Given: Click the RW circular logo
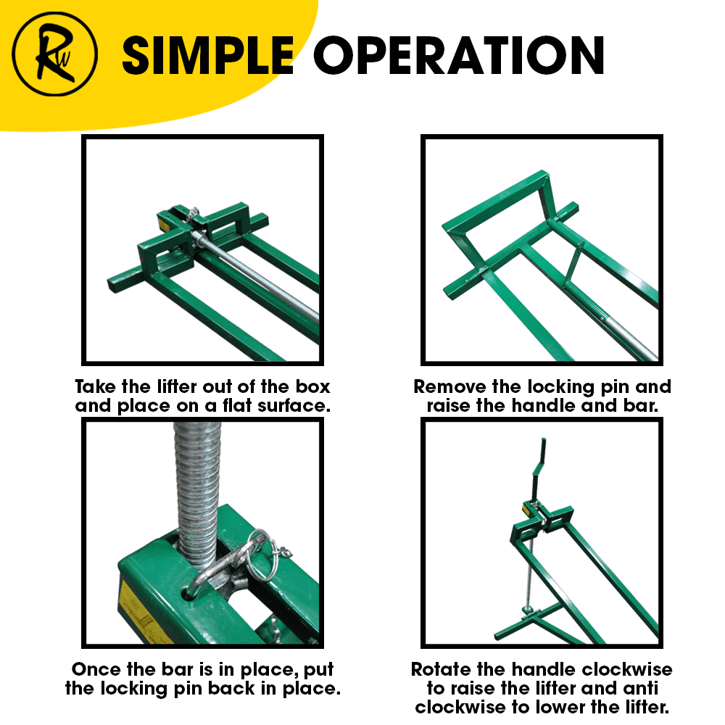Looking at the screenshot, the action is (54, 54).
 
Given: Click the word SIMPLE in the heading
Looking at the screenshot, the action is (207, 56).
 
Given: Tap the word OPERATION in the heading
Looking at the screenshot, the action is (459, 56).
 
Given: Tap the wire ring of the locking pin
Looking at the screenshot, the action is (262, 555).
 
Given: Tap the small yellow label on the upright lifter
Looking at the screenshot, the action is (526, 509).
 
